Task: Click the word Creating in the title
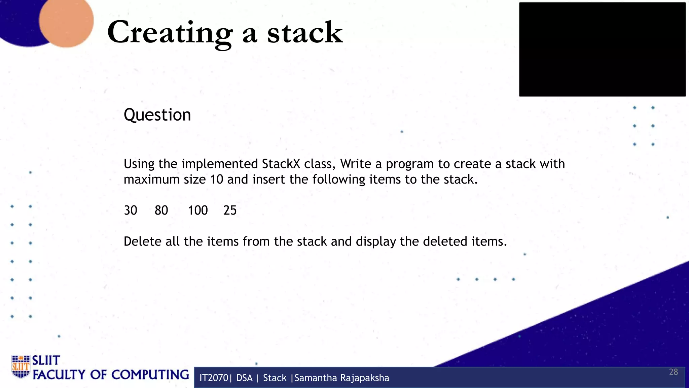click(170, 33)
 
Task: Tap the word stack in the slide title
click(305, 33)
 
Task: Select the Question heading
click(157, 115)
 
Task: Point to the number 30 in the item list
click(131, 211)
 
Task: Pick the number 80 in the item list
click(161, 211)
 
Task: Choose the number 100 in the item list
click(198, 211)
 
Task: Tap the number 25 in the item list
click(230, 211)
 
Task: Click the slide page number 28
click(674, 372)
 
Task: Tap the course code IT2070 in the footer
click(214, 378)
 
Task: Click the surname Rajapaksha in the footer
click(365, 378)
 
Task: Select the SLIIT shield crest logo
click(21, 366)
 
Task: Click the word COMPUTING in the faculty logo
click(150, 375)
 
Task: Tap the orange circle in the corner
click(66, 21)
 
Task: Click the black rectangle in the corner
click(602, 50)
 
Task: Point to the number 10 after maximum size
click(217, 180)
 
